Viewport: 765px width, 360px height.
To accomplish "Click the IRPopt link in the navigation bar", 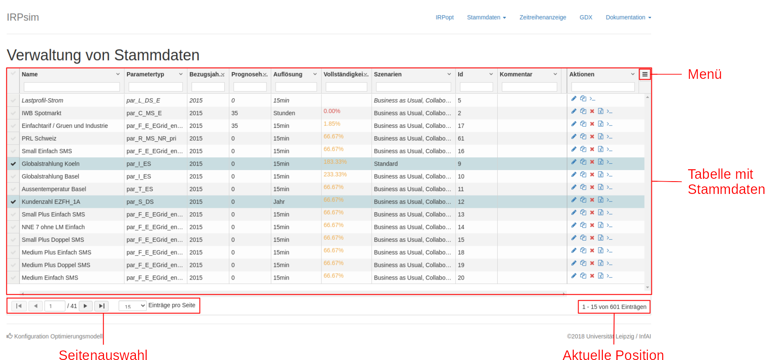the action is pos(444,18).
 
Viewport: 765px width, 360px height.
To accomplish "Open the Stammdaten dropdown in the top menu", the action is pos(486,18).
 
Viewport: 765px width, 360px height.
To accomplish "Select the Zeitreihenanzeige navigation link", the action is pos(543,18).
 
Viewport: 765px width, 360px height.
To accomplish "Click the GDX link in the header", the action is pos(586,18).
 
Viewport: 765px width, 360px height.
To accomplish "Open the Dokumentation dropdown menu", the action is pos(628,18).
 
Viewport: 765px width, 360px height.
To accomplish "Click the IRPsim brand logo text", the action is pos(23,17).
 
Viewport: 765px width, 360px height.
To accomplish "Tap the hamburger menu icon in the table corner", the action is pos(645,74).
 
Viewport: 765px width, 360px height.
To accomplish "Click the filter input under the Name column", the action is pos(72,87).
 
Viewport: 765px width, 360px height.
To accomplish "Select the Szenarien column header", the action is pos(388,74).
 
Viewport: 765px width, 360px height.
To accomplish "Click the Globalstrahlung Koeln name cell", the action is pos(51,164).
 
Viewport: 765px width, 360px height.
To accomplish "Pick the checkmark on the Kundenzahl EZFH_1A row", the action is pos(13,202).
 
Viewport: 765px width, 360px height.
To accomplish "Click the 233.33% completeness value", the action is pos(335,174).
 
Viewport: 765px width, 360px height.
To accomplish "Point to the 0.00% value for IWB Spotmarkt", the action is pos(332,111).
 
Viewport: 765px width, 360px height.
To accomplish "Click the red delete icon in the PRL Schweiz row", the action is pos(592,137).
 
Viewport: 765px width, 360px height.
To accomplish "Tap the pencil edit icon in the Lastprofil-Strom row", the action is pos(574,98).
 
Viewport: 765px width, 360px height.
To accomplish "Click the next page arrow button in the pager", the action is pos(86,306).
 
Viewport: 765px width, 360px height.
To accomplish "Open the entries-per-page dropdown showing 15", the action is pos(133,306).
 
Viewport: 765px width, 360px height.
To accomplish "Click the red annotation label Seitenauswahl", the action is pos(103,355).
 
